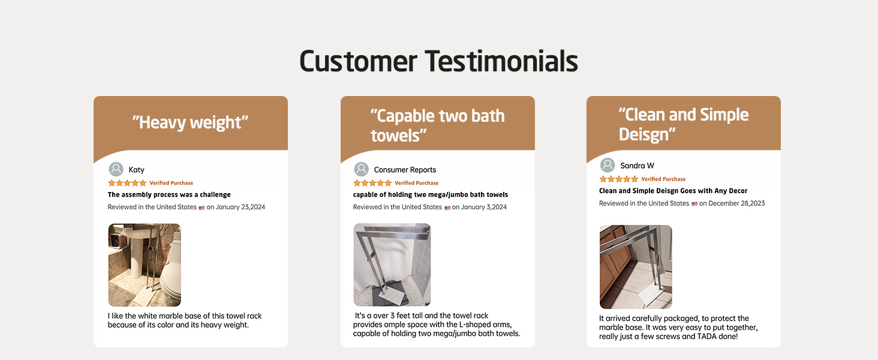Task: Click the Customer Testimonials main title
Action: tap(438, 62)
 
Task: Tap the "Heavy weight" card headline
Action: tap(190, 122)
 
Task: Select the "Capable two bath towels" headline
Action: tap(437, 125)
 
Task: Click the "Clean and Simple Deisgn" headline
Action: tap(683, 124)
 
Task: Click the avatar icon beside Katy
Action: tap(116, 169)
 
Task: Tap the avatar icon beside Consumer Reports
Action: tap(362, 169)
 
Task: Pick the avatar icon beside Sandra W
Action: tap(608, 165)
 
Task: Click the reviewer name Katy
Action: tap(136, 170)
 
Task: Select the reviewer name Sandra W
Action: tap(637, 166)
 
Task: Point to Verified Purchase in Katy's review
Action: tap(172, 183)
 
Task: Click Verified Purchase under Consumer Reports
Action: tap(417, 183)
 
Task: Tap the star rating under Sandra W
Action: tap(618, 179)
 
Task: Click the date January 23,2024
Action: tap(240, 207)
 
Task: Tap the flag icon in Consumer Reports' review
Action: tap(447, 208)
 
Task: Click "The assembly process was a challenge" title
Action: tap(169, 194)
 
